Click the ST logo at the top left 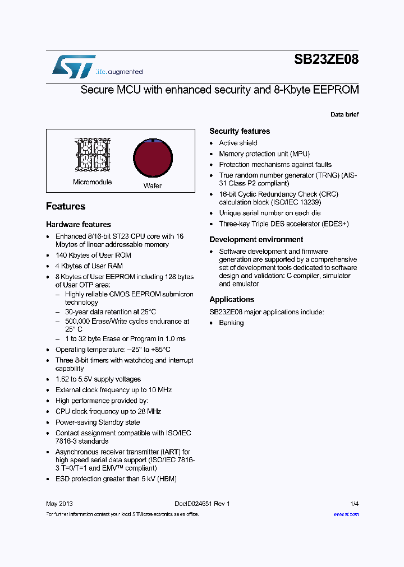[74, 66]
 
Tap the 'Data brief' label [344, 115]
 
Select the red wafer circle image [151, 158]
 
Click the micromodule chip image [91, 155]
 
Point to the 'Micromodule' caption [92, 182]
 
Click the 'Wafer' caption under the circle [152, 186]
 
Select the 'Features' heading [66, 207]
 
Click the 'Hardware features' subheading [79, 225]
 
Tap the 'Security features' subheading [240, 131]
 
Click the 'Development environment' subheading [256, 240]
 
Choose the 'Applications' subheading [232, 300]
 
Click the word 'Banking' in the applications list [231, 323]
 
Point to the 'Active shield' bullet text [238, 143]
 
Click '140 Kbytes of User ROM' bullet [93, 255]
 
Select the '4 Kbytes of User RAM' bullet [89, 266]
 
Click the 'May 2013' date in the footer [59, 504]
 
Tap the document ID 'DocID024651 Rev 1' [198, 504]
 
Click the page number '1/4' [354, 504]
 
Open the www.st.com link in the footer [346, 514]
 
